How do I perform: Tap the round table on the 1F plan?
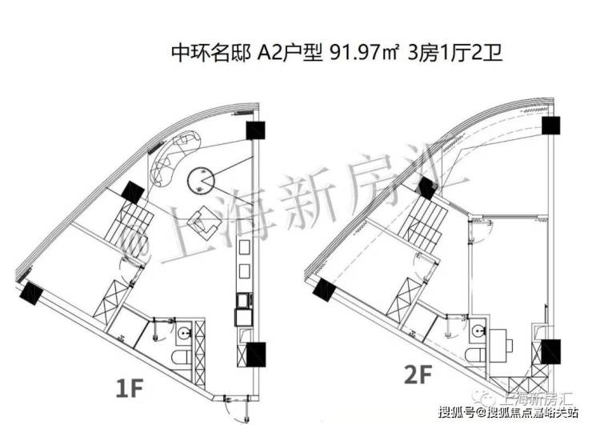pyautogui.click(x=200, y=179)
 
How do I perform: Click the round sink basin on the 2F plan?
pyautogui.click(x=478, y=328)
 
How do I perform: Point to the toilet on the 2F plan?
pyautogui.click(x=478, y=352)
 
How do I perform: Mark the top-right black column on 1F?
pyautogui.click(x=255, y=132)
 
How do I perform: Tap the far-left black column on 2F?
pyautogui.click(x=325, y=291)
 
